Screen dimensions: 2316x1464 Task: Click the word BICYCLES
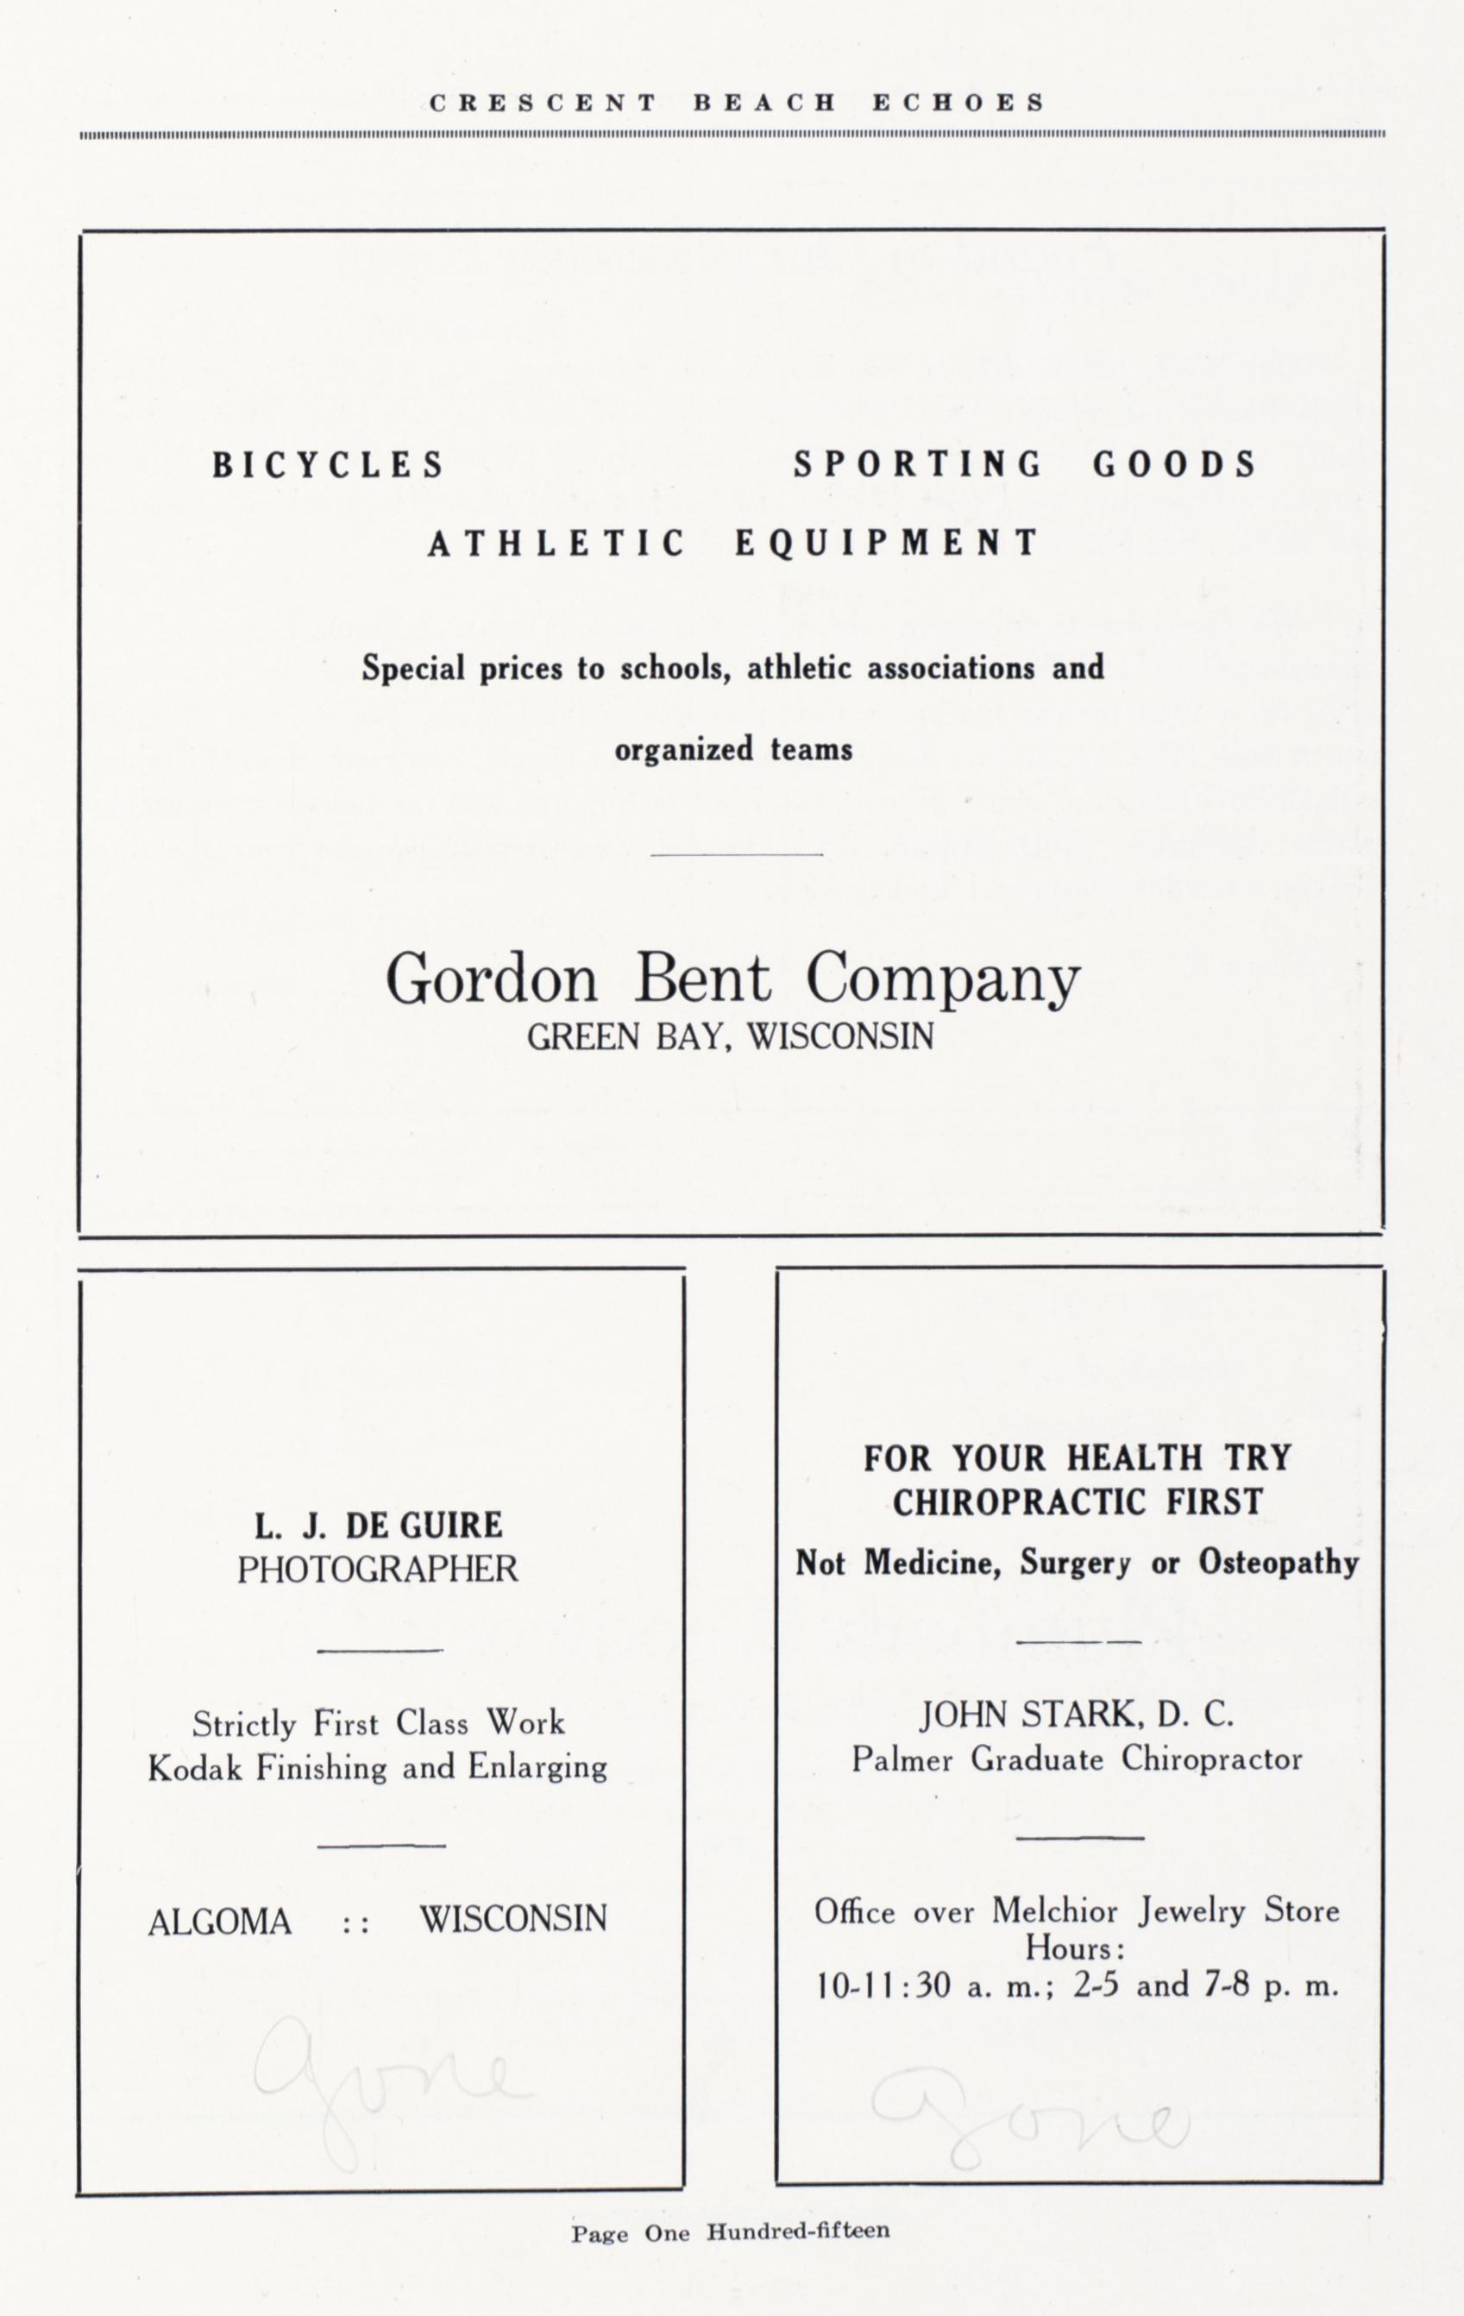[x=328, y=467]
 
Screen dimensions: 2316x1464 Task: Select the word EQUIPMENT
[x=887, y=544]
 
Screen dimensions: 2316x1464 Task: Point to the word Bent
[x=701, y=980]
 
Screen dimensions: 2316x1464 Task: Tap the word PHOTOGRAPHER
[x=377, y=1570]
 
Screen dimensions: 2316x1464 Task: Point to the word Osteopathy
[x=1279, y=1563]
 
